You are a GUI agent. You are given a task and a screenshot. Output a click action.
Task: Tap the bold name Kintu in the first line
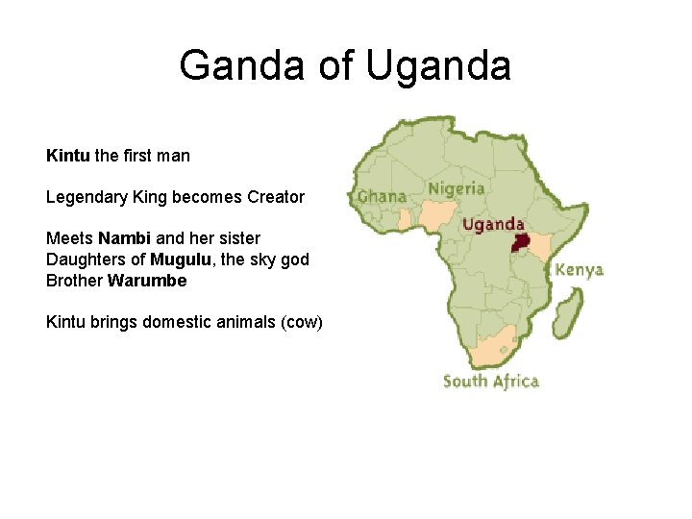point(67,155)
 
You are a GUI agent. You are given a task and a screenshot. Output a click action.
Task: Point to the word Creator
point(276,197)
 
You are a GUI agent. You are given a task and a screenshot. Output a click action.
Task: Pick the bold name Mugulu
point(178,259)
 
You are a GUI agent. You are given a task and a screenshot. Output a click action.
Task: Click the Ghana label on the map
point(382,196)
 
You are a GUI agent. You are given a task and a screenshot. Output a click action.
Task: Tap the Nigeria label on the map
point(457,188)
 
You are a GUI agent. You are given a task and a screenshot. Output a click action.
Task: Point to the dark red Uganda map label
point(493,225)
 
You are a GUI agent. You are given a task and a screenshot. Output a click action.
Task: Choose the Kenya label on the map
point(580,270)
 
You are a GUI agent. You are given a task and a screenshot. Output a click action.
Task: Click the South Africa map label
point(490,381)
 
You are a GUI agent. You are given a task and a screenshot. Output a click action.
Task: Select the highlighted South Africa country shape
point(490,348)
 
